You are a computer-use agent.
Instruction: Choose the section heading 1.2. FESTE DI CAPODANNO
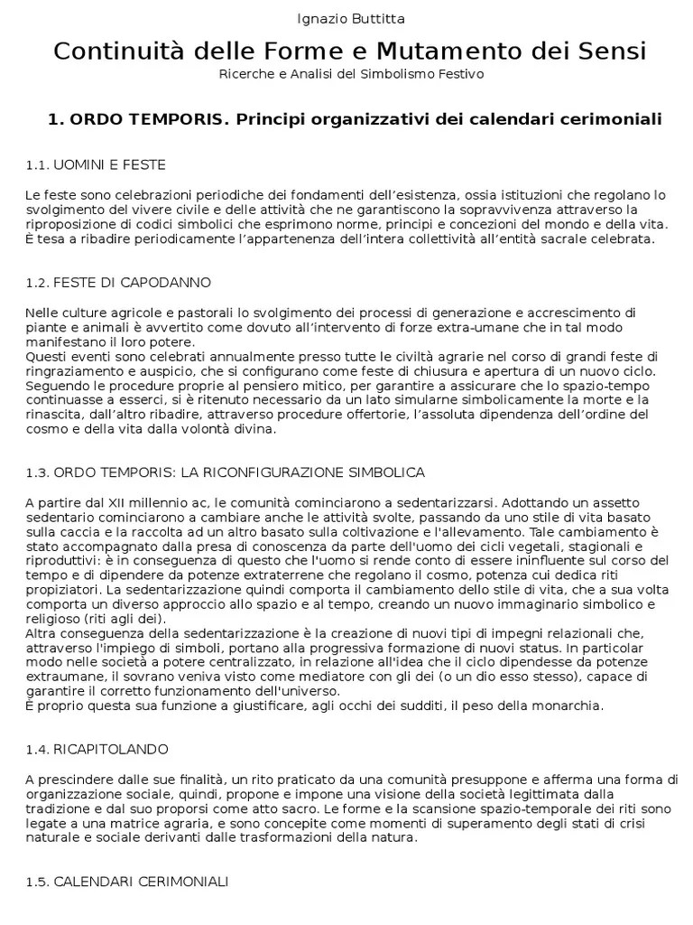118,283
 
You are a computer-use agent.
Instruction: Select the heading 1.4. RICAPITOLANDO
97,750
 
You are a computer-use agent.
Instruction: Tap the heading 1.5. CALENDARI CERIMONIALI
127,882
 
